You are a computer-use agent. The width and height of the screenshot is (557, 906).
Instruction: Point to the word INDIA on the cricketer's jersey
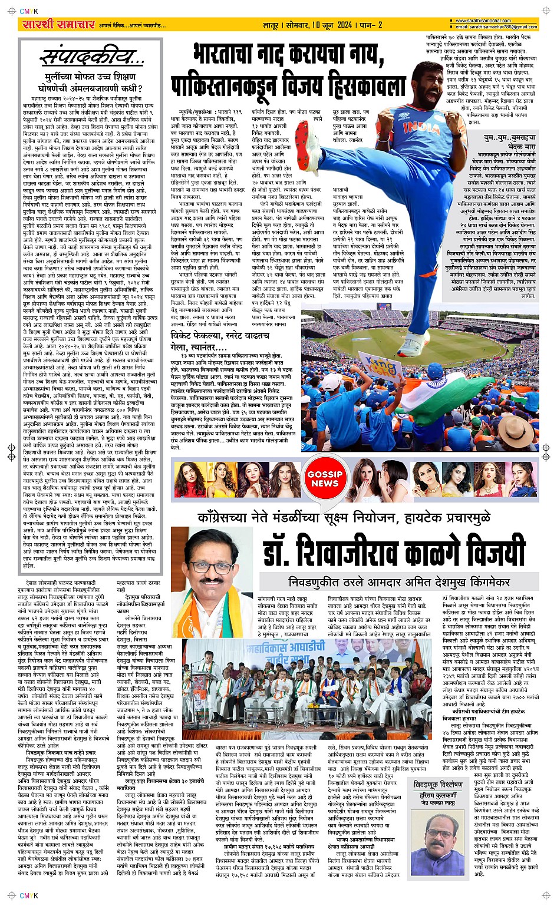coord(421,126)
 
